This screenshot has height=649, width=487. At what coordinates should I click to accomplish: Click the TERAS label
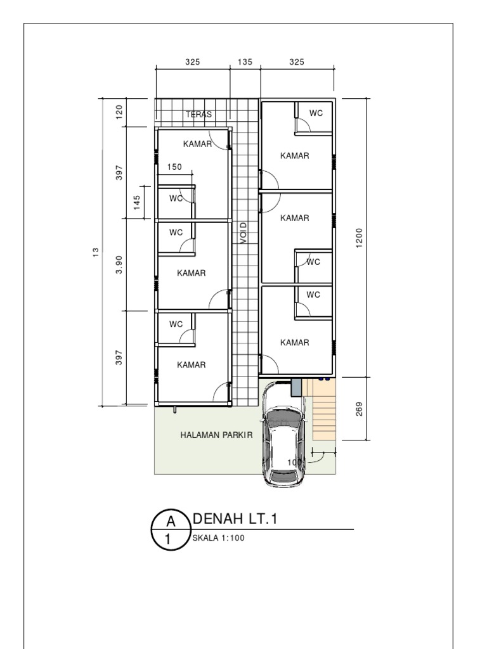tap(198, 115)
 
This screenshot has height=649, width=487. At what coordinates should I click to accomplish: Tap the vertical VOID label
tap(243, 233)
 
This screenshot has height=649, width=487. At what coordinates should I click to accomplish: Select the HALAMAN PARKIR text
tap(216, 435)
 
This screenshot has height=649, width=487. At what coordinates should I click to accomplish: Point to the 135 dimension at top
tap(245, 62)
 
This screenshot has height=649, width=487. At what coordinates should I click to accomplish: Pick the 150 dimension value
tap(174, 167)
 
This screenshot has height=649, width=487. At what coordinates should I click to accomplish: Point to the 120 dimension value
tap(119, 112)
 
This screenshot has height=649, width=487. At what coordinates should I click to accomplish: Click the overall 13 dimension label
tap(96, 252)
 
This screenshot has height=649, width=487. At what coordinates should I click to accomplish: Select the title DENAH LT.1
tap(235, 520)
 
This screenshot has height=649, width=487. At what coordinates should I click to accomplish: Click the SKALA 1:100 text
tap(218, 539)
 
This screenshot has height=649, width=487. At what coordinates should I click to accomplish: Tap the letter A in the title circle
tap(171, 522)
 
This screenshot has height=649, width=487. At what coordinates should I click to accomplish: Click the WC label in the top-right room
tap(316, 113)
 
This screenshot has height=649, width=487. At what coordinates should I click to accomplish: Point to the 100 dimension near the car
tap(294, 463)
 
